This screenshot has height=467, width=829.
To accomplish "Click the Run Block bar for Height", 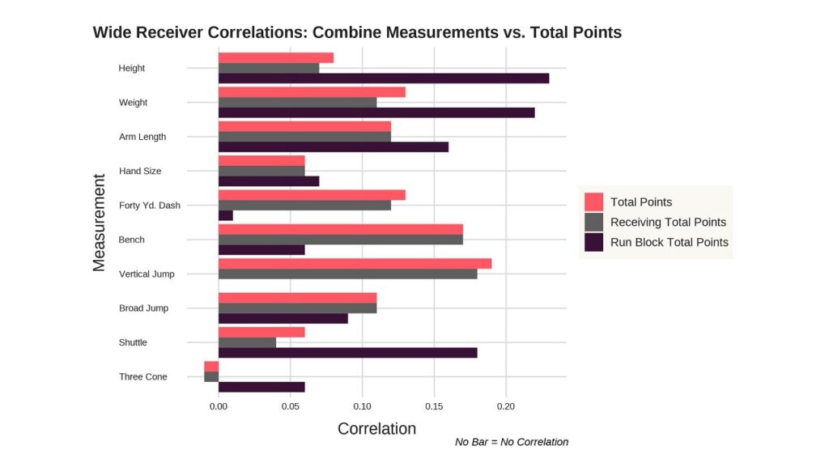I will [384, 79].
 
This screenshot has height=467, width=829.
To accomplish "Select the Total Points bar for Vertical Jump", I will [355, 263].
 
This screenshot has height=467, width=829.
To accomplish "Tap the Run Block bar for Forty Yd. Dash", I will [226, 215].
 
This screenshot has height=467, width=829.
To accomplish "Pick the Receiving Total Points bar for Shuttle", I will [247, 342].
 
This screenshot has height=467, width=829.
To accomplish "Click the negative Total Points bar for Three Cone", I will [211, 366].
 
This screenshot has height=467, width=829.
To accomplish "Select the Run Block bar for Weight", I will [376, 113].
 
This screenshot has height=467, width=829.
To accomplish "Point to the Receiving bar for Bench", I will [341, 240].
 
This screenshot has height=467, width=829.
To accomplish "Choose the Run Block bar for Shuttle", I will [348, 353].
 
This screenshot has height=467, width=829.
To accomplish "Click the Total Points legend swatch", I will [594, 202].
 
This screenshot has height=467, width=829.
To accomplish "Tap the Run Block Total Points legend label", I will [670, 242].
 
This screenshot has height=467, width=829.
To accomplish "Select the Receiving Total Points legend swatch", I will [594, 222].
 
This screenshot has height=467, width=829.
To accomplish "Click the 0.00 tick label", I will [219, 405].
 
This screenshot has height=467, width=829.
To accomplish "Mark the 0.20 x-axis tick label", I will [507, 405].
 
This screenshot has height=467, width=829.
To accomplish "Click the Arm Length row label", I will [142, 137].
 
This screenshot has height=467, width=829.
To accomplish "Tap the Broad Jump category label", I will [144, 308].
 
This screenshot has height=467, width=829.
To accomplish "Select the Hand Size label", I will [140, 172].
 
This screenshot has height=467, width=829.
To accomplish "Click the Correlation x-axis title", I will [376, 429].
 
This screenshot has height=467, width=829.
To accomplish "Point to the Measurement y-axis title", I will [100, 222].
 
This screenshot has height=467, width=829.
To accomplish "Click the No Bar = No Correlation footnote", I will [512, 442].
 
